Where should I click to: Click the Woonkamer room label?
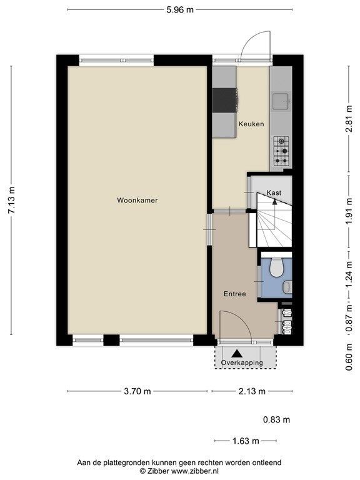[137, 200]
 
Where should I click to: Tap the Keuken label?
[251, 124]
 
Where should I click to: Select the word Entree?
[235, 294]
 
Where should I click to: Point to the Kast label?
[274, 193]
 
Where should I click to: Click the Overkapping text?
[242, 362]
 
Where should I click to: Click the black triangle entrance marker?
[237, 354]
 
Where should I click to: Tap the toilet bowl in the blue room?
[276, 267]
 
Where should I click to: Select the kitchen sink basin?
[281, 101]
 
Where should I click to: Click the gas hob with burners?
[281, 151]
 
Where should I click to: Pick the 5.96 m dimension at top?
[180, 10]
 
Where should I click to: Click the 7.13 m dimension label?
[11, 200]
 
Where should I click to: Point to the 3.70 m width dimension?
[137, 391]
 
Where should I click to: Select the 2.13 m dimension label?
[252, 391]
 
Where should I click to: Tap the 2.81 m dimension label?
[349, 119]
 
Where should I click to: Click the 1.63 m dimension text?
[246, 441]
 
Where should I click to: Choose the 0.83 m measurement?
[276, 419]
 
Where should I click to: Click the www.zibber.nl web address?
[195, 471]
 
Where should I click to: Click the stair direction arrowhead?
[274, 201]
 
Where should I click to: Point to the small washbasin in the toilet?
[287, 287]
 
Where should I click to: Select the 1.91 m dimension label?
[349, 211]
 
